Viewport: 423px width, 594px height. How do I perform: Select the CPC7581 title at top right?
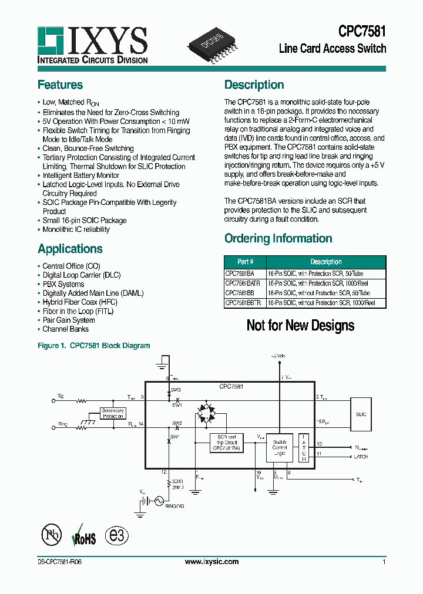[362, 31]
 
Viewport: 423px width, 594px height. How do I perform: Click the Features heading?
[60, 85]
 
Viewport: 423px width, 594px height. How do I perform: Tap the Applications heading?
[70, 249]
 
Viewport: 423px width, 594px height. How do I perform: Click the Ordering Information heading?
[278, 238]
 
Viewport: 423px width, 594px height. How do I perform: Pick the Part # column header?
[245, 262]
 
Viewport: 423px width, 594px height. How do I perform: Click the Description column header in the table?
[325, 262]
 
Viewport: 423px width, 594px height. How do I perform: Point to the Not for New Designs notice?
[300, 325]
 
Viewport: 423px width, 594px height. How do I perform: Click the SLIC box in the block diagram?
[360, 414]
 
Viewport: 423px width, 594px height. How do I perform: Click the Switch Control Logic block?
[280, 448]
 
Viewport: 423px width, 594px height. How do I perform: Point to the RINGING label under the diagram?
[174, 505]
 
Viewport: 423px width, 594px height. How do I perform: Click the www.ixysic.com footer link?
[211, 562]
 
